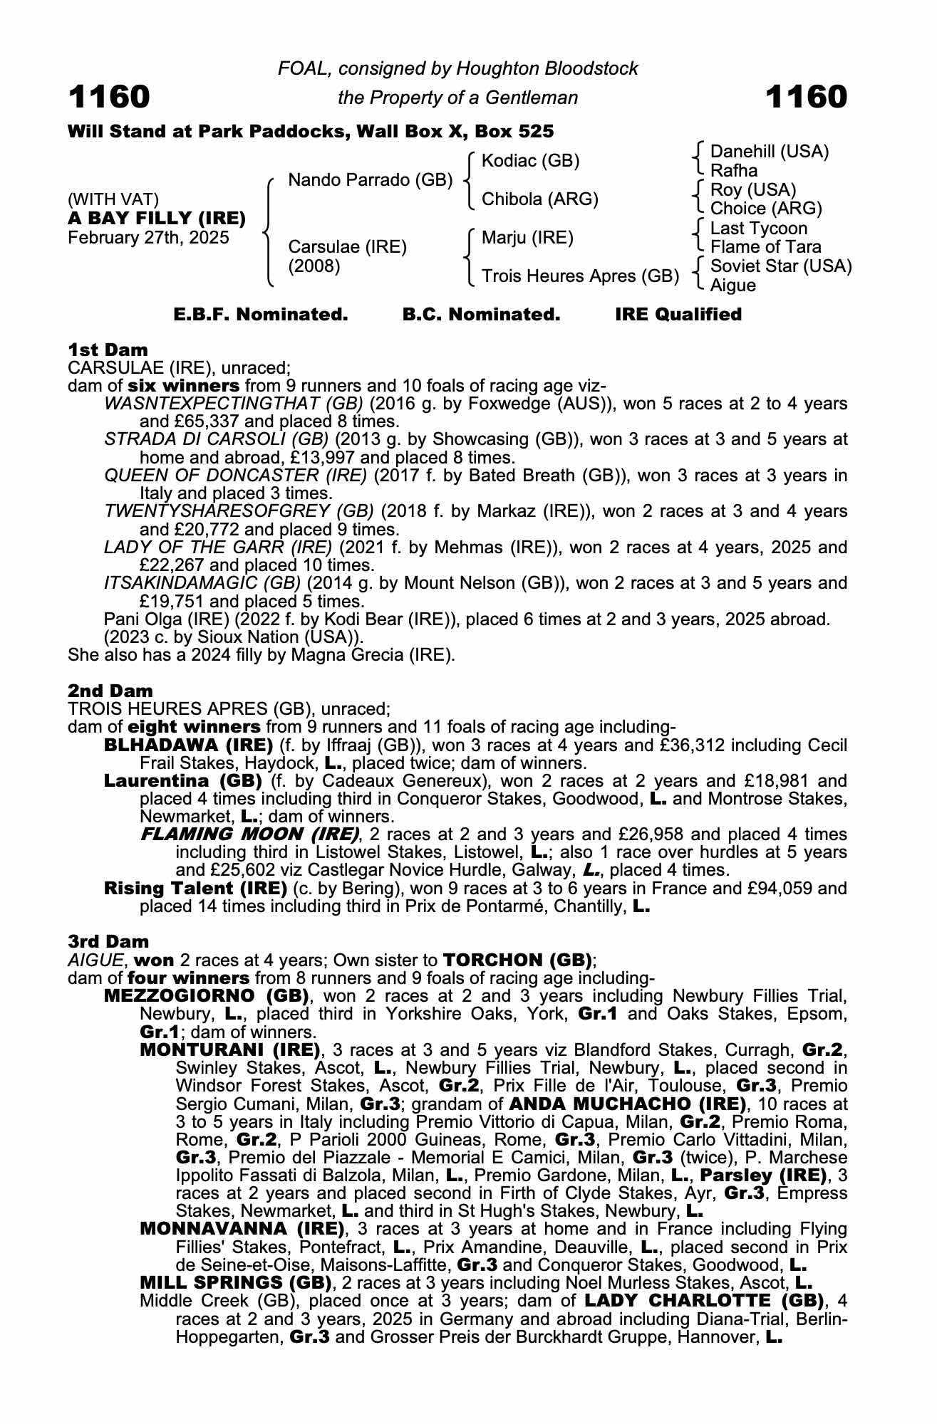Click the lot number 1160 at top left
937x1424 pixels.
click(109, 97)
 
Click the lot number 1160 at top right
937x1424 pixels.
click(807, 97)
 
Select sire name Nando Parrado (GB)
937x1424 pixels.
click(370, 180)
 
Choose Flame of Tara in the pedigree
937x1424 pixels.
click(766, 247)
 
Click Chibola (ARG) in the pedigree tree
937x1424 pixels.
click(540, 199)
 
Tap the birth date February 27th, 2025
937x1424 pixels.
click(148, 238)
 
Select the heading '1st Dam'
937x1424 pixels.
click(108, 350)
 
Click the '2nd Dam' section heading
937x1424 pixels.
click(110, 691)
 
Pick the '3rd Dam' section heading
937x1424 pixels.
click(109, 941)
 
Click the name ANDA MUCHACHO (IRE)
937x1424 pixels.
click(627, 1104)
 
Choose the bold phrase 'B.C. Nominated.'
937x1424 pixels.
click(481, 315)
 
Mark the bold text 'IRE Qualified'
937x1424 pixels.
click(678, 315)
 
